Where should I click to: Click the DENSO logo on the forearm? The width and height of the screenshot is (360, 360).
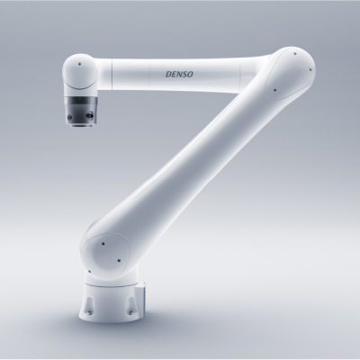179,74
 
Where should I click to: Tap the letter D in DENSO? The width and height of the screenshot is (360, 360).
168,74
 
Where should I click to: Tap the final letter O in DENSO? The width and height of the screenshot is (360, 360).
190,74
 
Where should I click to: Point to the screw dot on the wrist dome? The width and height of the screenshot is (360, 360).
79,64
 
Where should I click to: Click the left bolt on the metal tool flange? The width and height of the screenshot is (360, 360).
70,117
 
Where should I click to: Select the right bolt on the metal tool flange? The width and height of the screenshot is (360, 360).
89,114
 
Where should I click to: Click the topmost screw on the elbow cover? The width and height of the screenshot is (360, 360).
295,54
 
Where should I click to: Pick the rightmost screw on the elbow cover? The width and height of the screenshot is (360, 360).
310,69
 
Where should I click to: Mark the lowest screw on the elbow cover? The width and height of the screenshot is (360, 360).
274,89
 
